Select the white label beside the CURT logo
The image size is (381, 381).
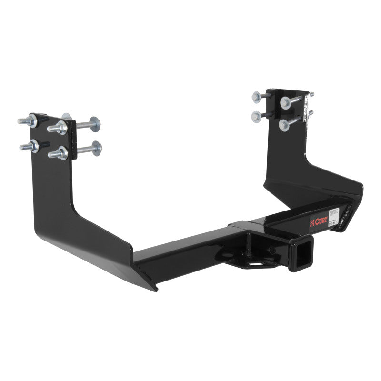333,213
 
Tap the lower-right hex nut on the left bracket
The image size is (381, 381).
60,154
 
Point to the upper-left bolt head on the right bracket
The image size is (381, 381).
257,97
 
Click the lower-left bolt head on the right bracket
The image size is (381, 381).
258,116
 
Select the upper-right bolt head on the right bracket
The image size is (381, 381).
285,102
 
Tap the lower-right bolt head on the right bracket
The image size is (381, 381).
284,125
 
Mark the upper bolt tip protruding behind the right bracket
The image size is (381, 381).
311,95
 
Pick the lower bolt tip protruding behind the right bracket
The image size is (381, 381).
311,113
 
